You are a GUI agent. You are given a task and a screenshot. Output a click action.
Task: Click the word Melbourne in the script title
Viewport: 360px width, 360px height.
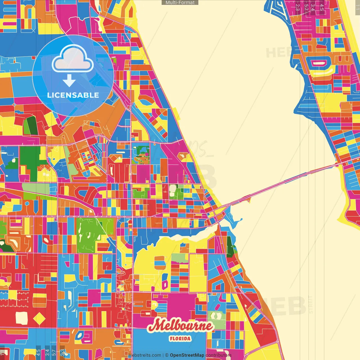pyautogui.click(x=180, y=326)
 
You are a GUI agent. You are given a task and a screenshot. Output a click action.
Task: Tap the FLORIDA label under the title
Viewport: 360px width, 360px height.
pyautogui.click(x=180, y=339)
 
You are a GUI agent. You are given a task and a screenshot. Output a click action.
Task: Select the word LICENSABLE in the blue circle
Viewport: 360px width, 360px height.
pyautogui.click(x=73, y=95)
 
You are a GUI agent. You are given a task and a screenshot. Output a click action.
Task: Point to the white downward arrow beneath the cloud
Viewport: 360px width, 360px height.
pyautogui.click(x=69, y=81)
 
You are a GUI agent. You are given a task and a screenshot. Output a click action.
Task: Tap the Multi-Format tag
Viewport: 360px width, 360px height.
pyautogui.click(x=180, y=3)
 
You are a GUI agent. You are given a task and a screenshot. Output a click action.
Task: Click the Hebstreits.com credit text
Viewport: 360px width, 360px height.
pyautogui.click(x=145, y=355)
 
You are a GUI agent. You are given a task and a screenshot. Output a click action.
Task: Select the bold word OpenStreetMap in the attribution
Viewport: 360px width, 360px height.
pyautogui.click(x=187, y=355)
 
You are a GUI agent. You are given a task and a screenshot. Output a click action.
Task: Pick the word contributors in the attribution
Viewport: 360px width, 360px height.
pyautogui.click(x=219, y=355)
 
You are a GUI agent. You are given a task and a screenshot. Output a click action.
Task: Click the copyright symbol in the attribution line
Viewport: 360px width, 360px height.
pyautogui.click(x=167, y=355)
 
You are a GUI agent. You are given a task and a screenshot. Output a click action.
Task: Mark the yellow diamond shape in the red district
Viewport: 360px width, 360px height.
pyautogui.click(x=39, y=318)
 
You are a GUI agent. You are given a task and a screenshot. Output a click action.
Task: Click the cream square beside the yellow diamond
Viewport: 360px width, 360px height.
pyautogui.click(x=21, y=318)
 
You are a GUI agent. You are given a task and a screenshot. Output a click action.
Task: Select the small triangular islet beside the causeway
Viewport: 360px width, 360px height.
pyautogui.click(x=248, y=200)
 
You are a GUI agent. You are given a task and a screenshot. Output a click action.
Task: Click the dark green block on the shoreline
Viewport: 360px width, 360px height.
pyautogui.click(x=230, y=247)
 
